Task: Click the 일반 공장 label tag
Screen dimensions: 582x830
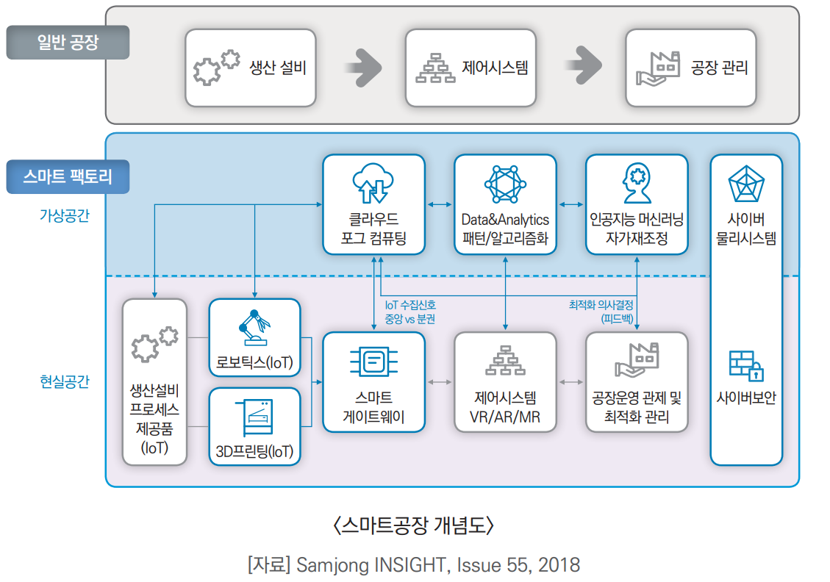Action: [68, 43]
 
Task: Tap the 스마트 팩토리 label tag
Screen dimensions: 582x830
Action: [68, 177]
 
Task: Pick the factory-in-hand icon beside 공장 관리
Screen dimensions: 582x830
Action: [656, 68]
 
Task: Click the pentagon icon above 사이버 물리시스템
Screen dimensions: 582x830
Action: [746, 185]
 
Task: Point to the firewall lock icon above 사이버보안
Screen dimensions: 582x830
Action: [746, 364]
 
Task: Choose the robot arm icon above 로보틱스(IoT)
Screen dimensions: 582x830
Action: [254, 328]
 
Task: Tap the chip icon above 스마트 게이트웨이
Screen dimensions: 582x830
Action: [373, 361]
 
